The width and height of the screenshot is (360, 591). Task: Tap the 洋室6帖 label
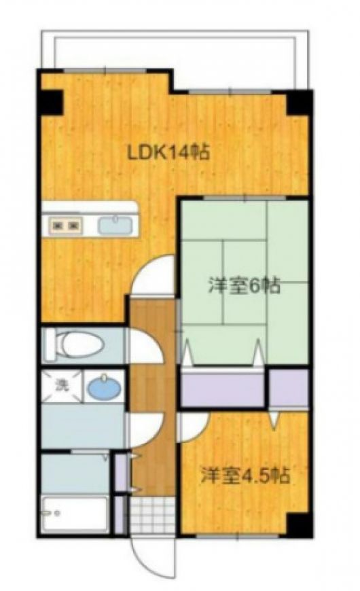pos(244,286)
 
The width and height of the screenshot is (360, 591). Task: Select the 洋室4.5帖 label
pos(245,476)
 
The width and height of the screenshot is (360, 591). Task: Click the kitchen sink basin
pos(115,225)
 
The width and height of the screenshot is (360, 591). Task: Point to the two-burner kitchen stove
pos(66,226)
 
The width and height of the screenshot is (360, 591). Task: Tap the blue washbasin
pos(105,388)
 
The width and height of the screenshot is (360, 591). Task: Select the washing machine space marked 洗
pos(62,386)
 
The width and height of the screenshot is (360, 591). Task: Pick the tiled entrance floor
pos(153,514)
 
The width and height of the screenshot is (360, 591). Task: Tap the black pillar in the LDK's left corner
pos(51,102)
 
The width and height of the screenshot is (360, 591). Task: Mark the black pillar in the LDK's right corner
pos(300,103)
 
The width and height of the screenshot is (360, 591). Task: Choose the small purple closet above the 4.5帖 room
pos(289,388)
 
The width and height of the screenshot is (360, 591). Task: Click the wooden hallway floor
pos(153,396)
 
